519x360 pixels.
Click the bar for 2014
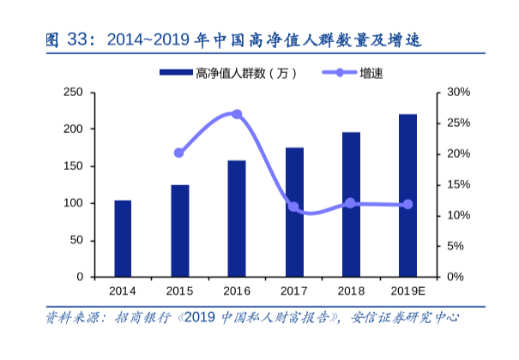point(123,239)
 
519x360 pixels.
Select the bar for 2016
point(237,219)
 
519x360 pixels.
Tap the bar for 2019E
point(407,195)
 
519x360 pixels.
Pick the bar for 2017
point(294,213)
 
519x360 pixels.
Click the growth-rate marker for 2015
point(179,153)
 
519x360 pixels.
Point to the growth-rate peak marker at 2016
point(237,114)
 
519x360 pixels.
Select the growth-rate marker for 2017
point(293,207)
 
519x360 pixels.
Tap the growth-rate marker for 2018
point(350,203)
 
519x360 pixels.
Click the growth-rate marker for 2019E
point(407,204)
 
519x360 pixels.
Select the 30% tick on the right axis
point(456,92)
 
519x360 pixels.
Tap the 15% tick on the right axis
point(456,184)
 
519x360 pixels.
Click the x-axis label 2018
point(351,291)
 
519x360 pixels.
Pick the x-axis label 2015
point(179,291)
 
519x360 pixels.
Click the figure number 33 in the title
point(76,40)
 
